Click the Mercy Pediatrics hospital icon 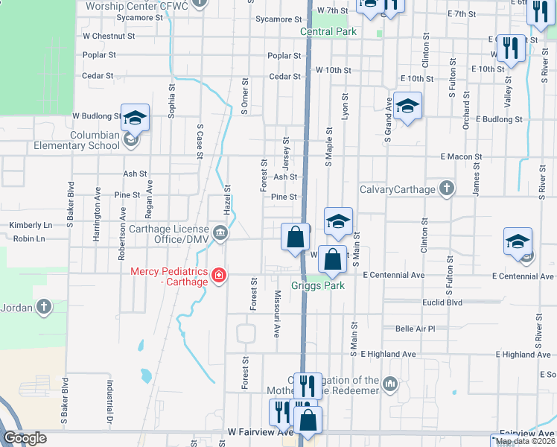pyautogui.click(x=219, y=276)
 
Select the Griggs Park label pyautogui.click(x=318, y=285)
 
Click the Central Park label pyautogui.click(x=328, y=32)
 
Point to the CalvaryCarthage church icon pyautogui.click(x=445, y=189)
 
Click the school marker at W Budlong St pyautogui.click(x=135, y=118)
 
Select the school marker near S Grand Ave pyautogui.click(x=407, y=106)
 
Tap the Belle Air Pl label pyautogui.click(x=415, y=329)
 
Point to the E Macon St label pyautogui.click(x=461, y=157)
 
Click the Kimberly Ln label pyautogui.click(x=31, y=225)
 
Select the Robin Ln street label pyautogui.click(x=29, y=239)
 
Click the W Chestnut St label pyautogui.click(x=109, y=35)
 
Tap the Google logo pyautogui.click(x=25, y=438)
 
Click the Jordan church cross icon pyautogui.click(x=45, y=307)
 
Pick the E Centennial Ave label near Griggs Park pyautogui.click(x=393, y=276)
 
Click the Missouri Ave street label pyautogui.click(x=276, y=314)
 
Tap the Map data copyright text pyautogui.click(x=525, y=441)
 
